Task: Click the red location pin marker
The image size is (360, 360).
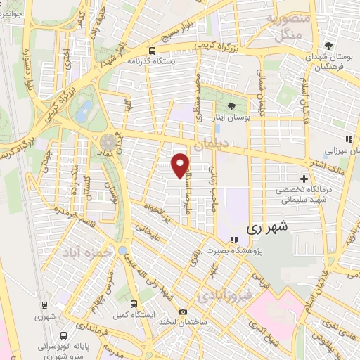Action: (x=181, y=165)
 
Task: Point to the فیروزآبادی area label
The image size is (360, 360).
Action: (x=222, y=295)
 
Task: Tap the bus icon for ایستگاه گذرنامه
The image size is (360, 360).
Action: (x=153, y=50)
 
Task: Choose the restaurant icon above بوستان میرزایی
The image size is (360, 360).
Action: (x=347, y=139)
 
